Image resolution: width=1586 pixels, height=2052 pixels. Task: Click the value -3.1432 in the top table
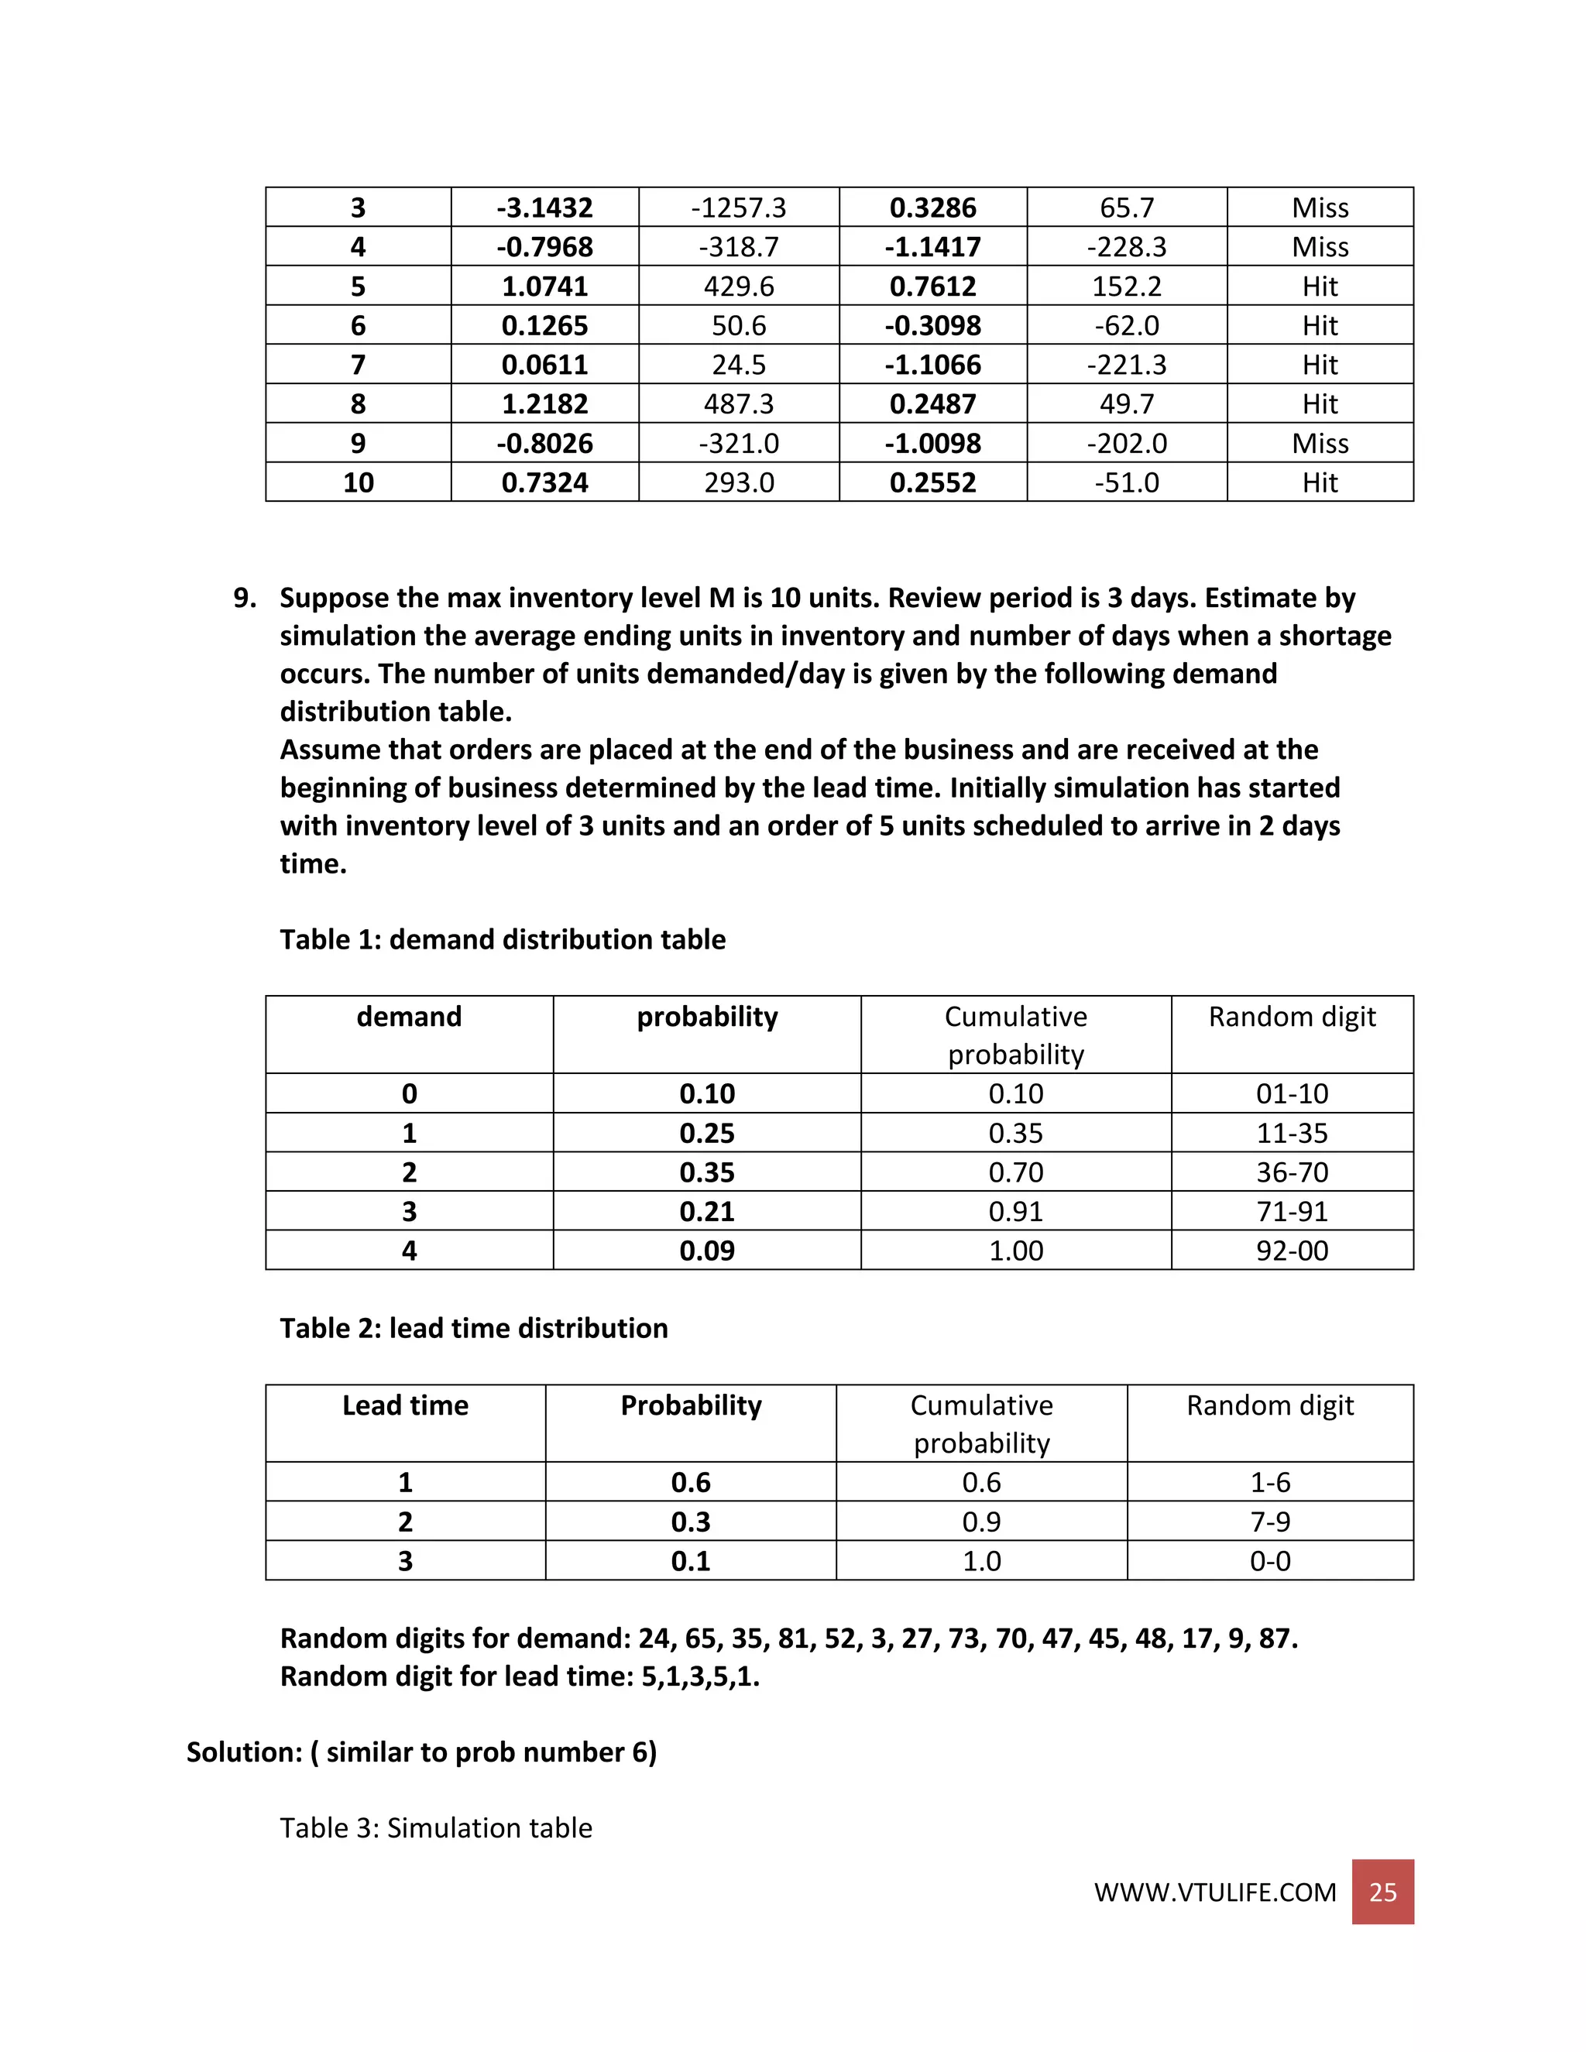coord(545,208)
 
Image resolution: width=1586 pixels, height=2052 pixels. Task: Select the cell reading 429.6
coord(739,287)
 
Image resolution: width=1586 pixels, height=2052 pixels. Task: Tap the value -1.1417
coord(932,247)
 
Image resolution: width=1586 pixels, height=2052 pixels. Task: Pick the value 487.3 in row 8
coord(739,404)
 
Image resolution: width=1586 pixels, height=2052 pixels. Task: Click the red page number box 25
coord(1382,1892)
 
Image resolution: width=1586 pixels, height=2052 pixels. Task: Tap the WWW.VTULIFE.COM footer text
coord(1215,1892)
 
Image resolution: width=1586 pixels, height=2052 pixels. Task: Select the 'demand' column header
coord(409,1017)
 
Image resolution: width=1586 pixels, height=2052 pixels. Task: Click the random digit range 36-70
coord(1292,1172)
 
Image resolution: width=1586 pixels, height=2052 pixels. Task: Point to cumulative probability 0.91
coord(1016,1212)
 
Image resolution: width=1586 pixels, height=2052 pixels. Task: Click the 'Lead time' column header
coord(405,1405)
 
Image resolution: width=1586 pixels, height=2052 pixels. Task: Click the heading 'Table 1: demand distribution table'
coord(503,939)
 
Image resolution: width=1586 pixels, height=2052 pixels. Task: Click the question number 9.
coord(244,599)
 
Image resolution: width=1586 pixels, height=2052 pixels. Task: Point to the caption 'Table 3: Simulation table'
coord(436,1828)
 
